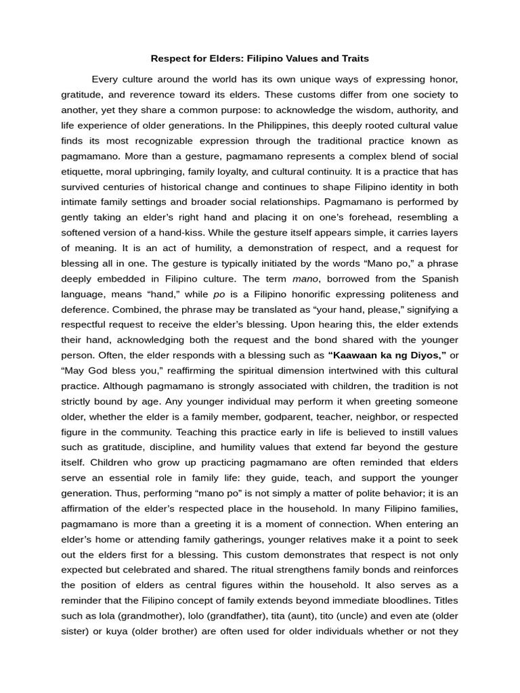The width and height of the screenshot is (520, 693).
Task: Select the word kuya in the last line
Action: tap(106, 631)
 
